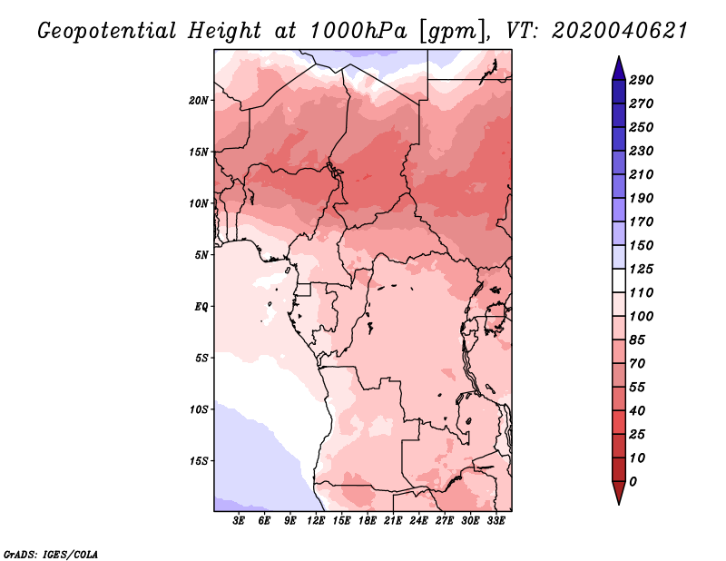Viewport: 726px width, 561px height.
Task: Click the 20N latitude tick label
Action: (199, 100)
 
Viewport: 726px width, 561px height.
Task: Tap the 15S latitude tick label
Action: (199, 460)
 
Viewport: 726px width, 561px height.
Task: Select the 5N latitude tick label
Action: (201, 254)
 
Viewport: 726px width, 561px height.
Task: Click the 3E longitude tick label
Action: (240, 521)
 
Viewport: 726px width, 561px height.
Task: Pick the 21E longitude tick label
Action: (393, 521)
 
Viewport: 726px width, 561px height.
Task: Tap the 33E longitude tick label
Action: (495, 521)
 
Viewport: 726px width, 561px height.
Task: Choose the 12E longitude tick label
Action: (316, 521)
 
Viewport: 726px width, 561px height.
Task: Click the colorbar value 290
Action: (642, 80)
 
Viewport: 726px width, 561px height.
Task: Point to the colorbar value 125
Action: (642, 269)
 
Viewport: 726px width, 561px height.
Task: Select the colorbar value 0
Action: (633, 481)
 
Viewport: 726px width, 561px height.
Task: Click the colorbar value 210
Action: (642, 174)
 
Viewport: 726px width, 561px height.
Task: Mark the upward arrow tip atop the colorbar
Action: (617, 58)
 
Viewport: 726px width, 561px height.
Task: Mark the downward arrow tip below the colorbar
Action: (617, 502)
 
